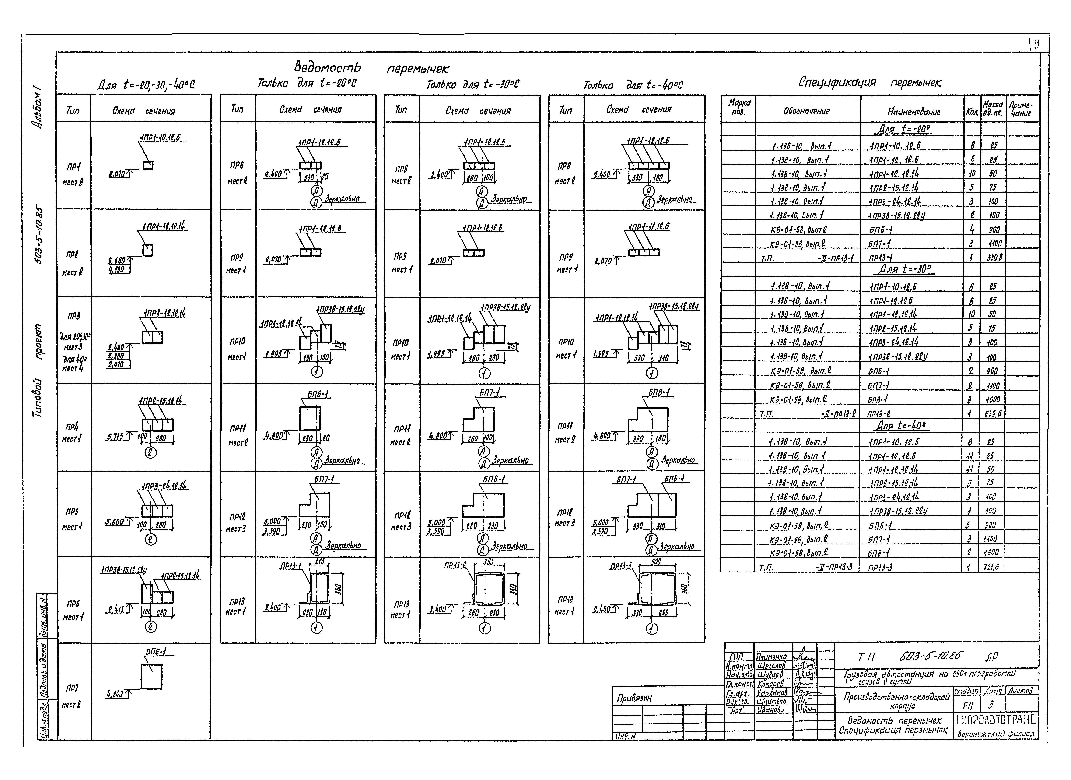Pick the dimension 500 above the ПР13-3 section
[655, 562]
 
